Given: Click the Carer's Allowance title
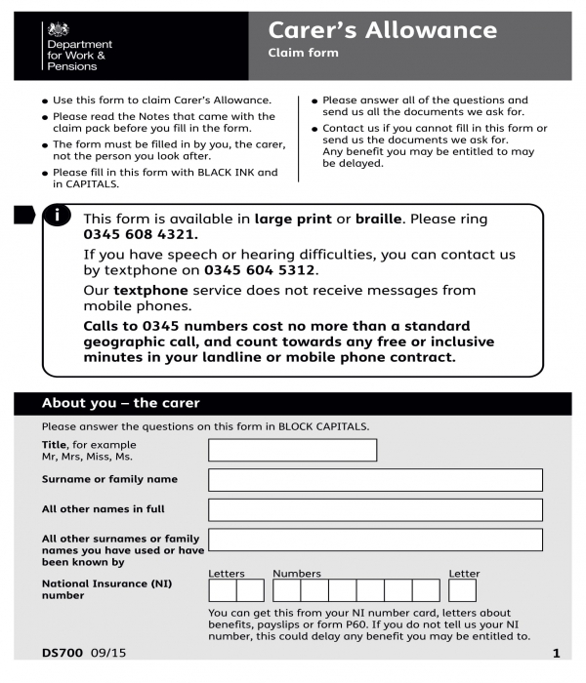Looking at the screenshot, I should click(x=382, y=30).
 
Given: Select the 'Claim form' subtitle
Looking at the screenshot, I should click(x=303, y=53).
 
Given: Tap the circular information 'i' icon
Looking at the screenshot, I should click(x=60, y=216).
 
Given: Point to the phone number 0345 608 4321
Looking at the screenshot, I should click(x=141, y=235).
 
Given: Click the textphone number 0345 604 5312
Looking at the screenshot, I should click(x=261, y=270).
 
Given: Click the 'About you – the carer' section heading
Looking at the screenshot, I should click(x=120, y=403).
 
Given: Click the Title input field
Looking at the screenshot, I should click(x=292, y=450).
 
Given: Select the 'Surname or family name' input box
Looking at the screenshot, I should click(x=375, y=480).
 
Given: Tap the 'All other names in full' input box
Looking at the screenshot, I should click(x=375, y=509).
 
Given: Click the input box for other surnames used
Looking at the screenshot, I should click(x=375, y=540).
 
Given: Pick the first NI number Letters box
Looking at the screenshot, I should click(x=222, y=590).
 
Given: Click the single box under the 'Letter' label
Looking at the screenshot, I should click(x=462, y=590).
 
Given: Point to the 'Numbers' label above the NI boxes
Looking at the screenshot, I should click(x=296, y=574).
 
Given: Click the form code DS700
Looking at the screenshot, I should click(x=63, y=653).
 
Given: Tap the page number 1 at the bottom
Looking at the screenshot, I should click(x=555, y=653).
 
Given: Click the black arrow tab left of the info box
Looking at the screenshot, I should click(x=24, y=215).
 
